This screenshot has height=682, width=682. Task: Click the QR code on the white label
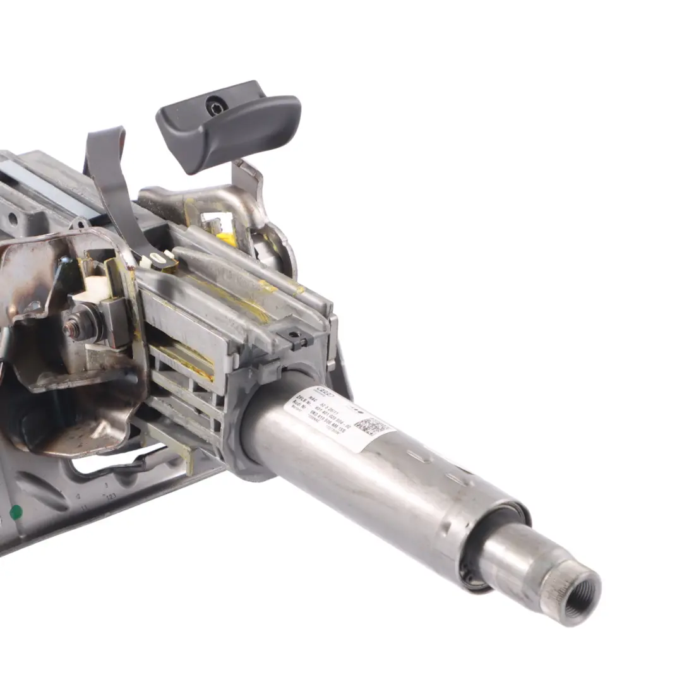[x=373, y=429]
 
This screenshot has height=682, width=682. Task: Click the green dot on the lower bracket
[x=15, y=512]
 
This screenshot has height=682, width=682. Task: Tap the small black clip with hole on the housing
[x=294, y=337]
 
